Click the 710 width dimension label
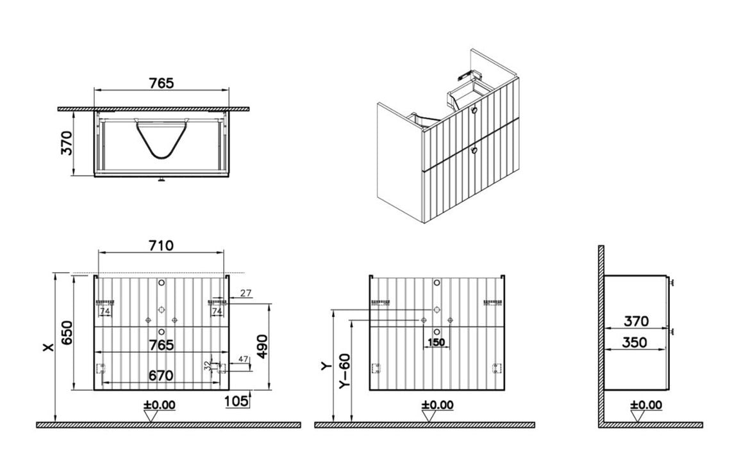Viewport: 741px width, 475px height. tap(161, 246)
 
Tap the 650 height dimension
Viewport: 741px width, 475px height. tap(65, 332)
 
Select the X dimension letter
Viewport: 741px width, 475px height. tap(47, 347)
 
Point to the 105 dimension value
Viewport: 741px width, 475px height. tap(237, 401)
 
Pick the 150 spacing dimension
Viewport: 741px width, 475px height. tap(436, 342)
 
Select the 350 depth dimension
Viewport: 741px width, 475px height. tap(635, 342)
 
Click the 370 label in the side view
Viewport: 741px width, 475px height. tap(635, 321)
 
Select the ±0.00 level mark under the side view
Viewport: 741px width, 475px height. tap(646, 405)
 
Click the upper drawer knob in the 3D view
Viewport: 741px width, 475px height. tap(474, 111)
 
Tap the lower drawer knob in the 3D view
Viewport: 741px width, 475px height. tap(474, 150)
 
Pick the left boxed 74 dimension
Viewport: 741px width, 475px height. tap(105, 311)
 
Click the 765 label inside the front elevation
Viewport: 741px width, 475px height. tap(161, 345)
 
